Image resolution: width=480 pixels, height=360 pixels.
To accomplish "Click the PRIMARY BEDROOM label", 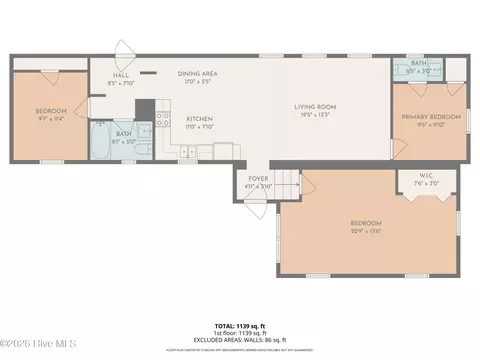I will tap(429, 117).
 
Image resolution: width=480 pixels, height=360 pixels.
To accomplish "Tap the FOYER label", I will tap(257, 181).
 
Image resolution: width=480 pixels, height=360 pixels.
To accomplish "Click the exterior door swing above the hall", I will tap(124, 52).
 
